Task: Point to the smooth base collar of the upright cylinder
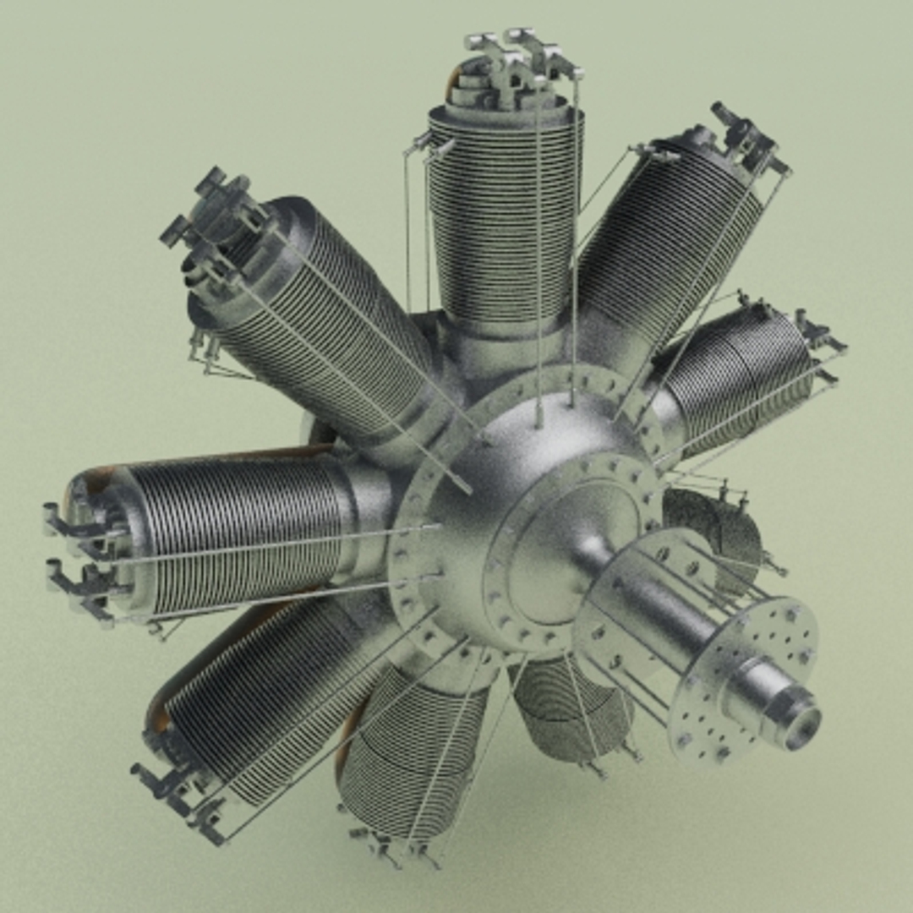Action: click(507, 347)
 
